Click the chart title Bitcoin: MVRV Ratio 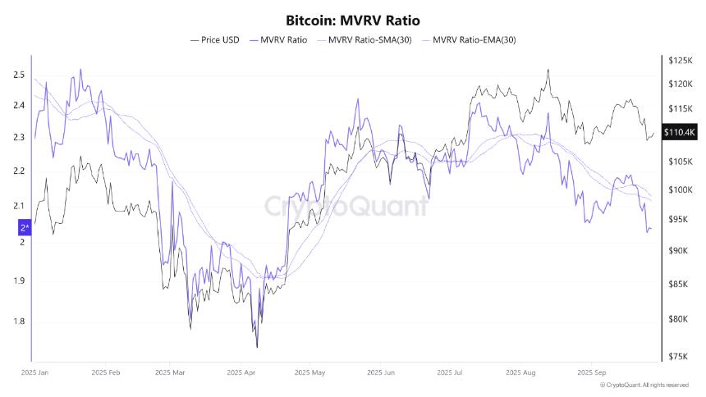click(x=352, y=19)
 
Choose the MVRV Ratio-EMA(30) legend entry click(x=474, y=39)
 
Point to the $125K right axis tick click(x=681, y=61)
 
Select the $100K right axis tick click(x=681, y=190)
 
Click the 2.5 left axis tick click(x=19, y=75)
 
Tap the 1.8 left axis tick click(x=19, y=322)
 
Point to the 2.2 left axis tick click(x=19, y=171)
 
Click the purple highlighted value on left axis click(x=25, y=227)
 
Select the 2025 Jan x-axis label click(x=36, y=372)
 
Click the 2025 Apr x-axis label click(x=241, y=372)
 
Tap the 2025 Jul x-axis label click(x=451, y=372)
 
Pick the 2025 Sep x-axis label click(x=592, y=372)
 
